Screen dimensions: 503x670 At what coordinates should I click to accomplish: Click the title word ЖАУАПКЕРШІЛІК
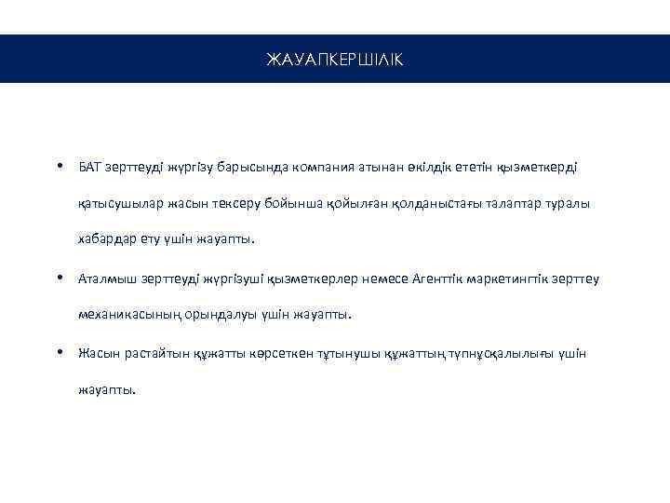pyautogui.click(x=335, y=60)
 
